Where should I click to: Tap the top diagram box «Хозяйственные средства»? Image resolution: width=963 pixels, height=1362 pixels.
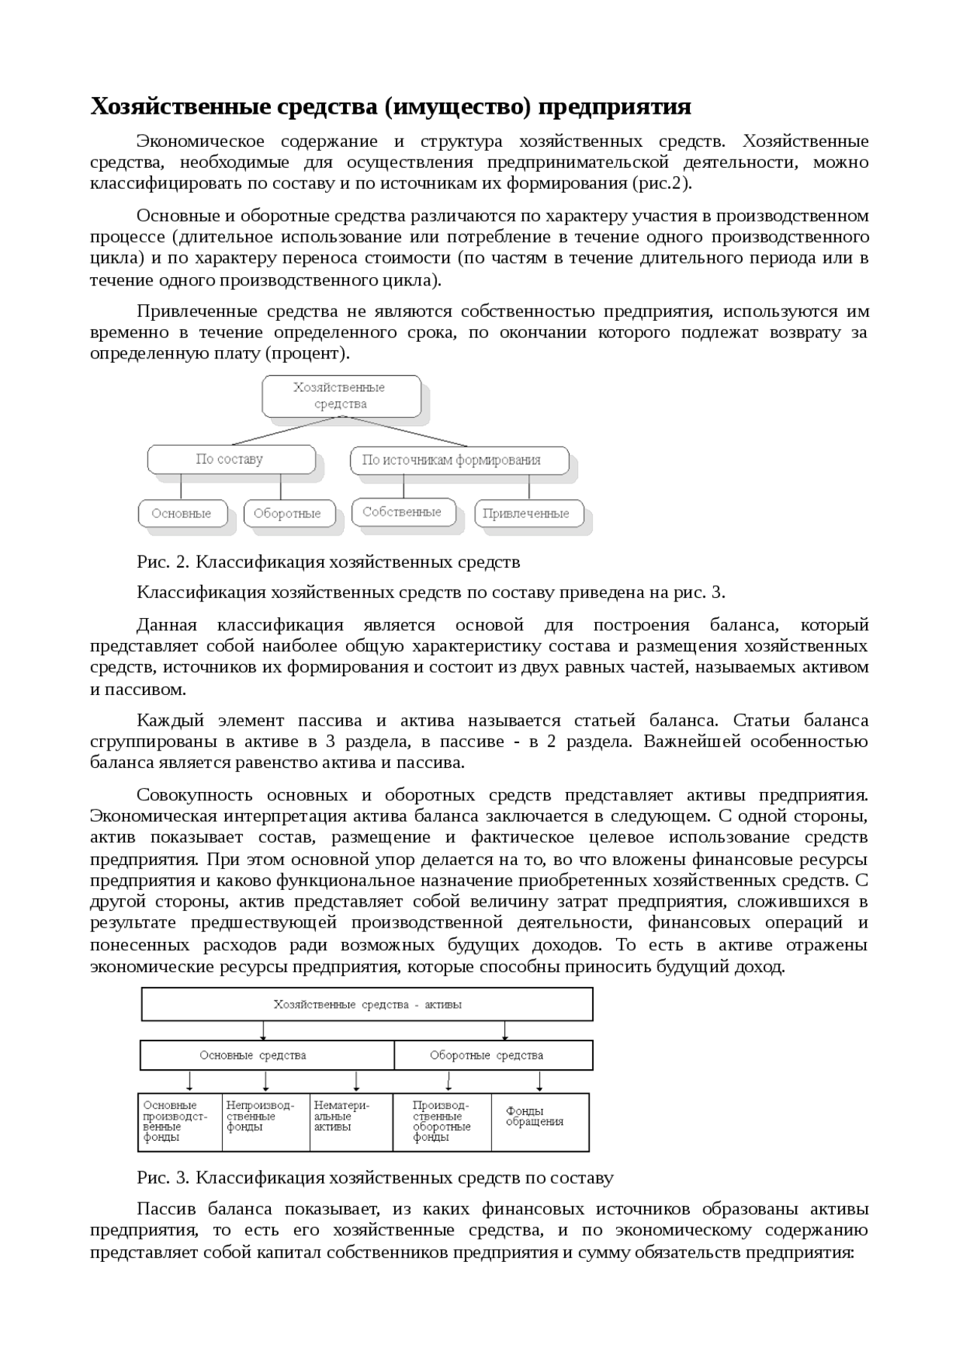pos(341,396)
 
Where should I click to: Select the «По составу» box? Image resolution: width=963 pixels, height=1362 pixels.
pos(231,459)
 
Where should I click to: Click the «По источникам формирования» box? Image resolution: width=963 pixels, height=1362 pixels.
pos(459,460)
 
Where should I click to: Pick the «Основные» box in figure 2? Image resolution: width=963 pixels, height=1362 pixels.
pos(181,513)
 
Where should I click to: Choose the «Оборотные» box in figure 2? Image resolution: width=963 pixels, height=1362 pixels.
pos(287,513)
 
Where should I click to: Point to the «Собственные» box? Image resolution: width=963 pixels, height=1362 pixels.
pos(403,512)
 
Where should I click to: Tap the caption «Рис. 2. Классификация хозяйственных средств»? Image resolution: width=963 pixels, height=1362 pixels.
pos(328,562)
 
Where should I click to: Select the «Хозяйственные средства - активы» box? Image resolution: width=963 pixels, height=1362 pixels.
pos(367,1004)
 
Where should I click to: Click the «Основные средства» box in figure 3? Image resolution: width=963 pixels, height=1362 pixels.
pos(266,1056)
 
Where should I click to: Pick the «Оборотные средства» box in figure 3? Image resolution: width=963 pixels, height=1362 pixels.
pos(493,1056)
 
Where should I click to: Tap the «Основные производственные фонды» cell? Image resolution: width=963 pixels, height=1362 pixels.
pos(179,1122)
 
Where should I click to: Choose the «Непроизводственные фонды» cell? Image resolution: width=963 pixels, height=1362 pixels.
pos(266,1122)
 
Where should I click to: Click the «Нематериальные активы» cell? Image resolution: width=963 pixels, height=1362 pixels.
pos(351,1122)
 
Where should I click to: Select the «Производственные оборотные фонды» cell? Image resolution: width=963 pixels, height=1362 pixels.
pos(442,1122)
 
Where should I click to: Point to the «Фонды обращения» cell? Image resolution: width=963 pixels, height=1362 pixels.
pos(539,1122)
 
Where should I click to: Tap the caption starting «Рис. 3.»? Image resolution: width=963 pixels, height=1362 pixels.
pos(375,1178)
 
